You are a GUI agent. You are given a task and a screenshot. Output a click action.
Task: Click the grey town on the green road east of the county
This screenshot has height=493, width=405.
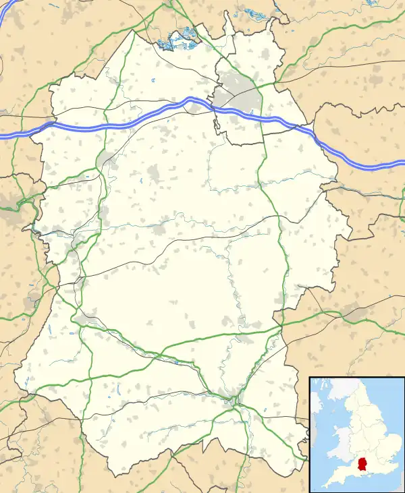click(x=354, y=311)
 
